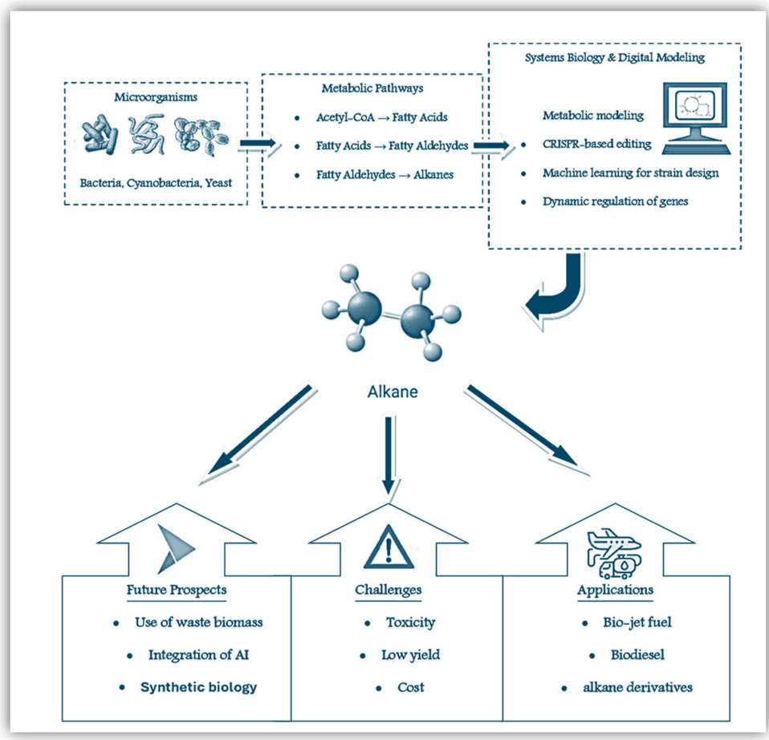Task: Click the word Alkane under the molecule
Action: coord(388,393)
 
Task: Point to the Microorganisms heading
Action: coord(155,97)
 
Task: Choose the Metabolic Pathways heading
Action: coord(372,88)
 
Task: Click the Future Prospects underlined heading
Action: coord(176,590)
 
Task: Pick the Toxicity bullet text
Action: coord(410,622)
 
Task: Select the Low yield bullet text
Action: coord(410,655)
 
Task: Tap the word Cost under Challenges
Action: coord(410,687)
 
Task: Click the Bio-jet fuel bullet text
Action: coord(626,622)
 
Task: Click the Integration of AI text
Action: coord(205,655)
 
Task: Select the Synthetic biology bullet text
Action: coord(199,687)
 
